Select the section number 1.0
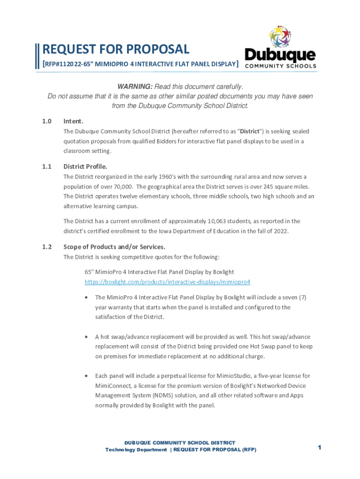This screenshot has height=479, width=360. (46, 121)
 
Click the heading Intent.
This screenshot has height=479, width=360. (73, 121)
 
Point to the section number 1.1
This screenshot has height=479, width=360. (46, 166)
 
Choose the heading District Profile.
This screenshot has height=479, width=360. (85, 166)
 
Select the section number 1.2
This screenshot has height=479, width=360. (46, 247)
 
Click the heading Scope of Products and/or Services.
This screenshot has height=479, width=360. (115, 247)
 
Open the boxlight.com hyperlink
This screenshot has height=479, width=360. (167, 282)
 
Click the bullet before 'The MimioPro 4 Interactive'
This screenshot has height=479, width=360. (86, 298)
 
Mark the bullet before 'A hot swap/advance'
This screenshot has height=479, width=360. (86, 337)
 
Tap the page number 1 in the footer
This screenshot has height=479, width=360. (319, 448)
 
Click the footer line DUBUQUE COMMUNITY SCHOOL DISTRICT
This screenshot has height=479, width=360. (180, 443)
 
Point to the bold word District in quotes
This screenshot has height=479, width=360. (250, 131)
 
